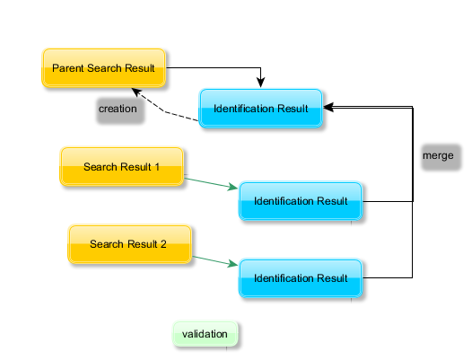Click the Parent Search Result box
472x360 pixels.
tap(103, 68)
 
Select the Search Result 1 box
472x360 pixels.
tap(122, 167)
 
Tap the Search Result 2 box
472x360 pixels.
tap(129, 244)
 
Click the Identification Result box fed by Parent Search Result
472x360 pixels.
tap(261, 109)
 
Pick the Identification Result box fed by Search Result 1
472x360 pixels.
tap(301, 201)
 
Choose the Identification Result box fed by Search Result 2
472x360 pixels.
tap(301, 278)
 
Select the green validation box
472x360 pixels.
tap(205, 334)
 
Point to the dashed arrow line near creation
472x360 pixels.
tap(165, 111)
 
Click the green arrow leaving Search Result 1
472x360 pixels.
tap(211, 183)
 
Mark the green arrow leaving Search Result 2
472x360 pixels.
tap(215, 261)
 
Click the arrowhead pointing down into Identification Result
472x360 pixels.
tap(261, 83)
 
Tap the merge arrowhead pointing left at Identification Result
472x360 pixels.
tap(328, 107)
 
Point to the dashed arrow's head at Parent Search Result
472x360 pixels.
tap(136, 92)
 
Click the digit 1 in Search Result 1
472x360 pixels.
tap(157, 167)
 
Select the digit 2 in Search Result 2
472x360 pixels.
tap(163, 244)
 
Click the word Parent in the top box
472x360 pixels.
tap(68, 68)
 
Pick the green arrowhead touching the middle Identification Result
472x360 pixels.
tap(232, 187)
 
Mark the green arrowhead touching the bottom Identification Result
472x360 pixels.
tap(232, 264)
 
